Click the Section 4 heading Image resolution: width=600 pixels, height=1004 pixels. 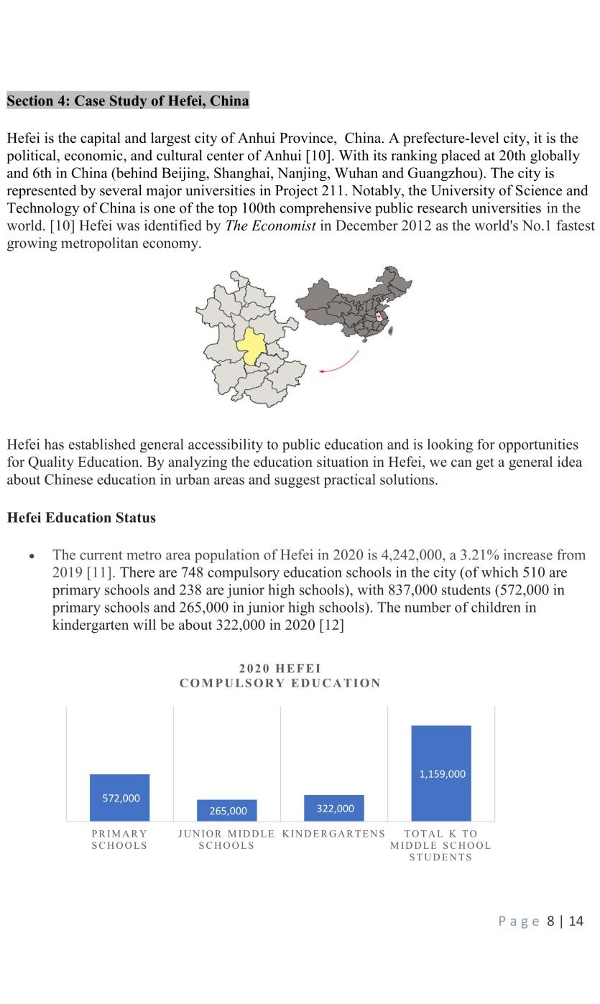(x=128, y=101)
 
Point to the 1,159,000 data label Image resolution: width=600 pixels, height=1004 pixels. (x=442, y=774)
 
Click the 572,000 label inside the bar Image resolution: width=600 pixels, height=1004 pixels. (x=121, y=798)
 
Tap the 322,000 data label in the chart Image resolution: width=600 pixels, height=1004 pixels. (x=335, y=809)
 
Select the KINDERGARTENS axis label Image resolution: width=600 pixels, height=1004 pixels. (x=333, y=834)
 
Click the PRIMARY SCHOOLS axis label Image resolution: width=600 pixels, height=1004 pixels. (x=119, y=840)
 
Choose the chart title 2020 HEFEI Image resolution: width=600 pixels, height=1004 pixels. (x=280, y=669)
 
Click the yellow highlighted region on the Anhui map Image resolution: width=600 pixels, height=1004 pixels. (x=251, y=346)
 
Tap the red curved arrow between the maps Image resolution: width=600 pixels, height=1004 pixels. (x=343, y=363)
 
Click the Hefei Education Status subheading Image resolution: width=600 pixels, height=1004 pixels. (x=81, y=518)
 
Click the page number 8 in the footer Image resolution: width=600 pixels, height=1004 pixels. (x=550, y=921)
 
